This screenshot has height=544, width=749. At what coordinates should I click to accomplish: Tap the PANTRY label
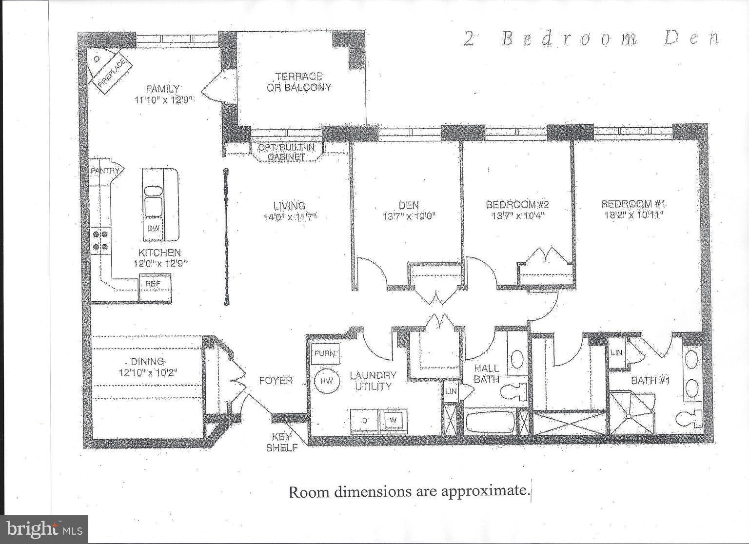(x=105, y=171)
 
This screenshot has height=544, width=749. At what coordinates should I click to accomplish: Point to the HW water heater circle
(x=326, y=381)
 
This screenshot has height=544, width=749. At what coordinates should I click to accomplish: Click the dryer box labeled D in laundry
(x=364, y=420)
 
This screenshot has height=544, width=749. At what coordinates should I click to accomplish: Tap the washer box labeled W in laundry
(x=393, y=420)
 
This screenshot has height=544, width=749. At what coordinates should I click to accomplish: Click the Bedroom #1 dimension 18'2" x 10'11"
(x=633, y=214)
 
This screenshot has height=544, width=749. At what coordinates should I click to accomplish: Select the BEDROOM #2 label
(x=521, y=204)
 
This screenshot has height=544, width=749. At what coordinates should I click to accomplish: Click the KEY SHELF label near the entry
(x=282, y=442)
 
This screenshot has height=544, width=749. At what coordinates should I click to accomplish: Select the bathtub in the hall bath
(x=490, y=422)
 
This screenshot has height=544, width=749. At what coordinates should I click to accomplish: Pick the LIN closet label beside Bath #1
(x=616, y=352)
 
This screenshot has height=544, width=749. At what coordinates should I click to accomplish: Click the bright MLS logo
(x=44, y=529)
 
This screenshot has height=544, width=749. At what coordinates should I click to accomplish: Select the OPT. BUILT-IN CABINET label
(x=287, y=152)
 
